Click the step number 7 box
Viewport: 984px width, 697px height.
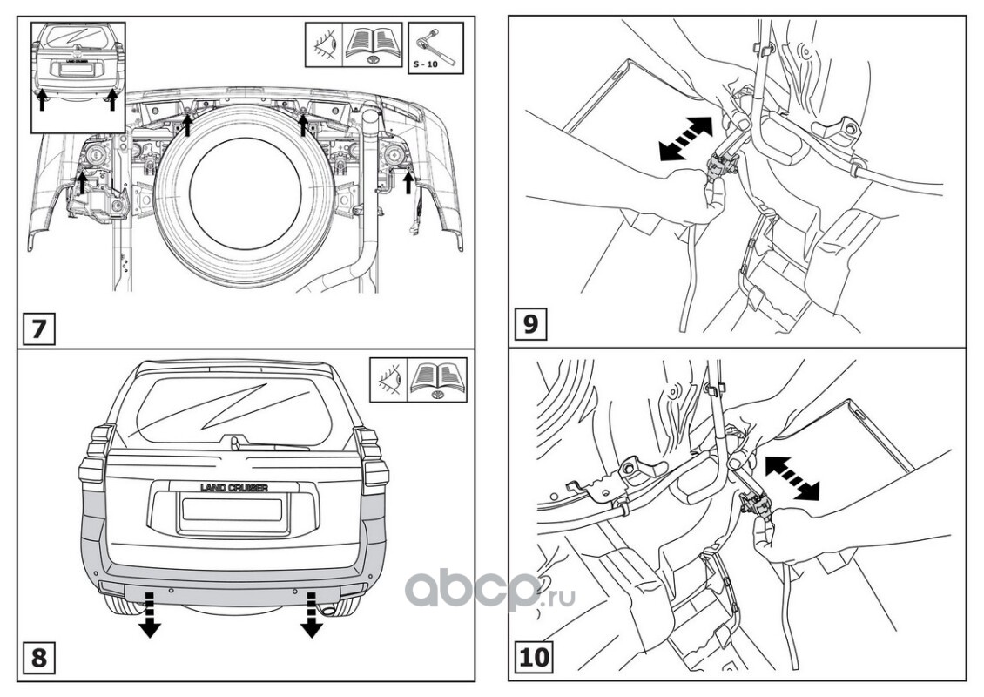[38, 329]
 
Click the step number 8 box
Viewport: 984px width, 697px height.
[38, 656]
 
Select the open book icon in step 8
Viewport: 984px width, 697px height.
[438, 379]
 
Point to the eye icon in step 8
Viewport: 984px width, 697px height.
[388, 379]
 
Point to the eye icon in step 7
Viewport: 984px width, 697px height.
[322, 45]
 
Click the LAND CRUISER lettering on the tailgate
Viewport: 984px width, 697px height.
[233, 488]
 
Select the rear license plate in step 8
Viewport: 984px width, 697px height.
[233, 511]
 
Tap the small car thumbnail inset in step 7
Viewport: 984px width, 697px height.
[78, 76]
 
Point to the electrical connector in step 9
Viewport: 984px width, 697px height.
[722, 163]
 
